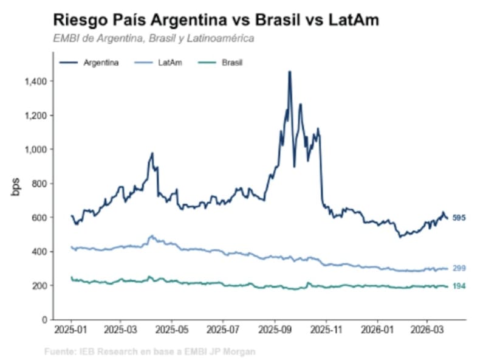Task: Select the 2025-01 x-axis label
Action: (71, 331)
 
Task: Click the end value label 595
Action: (459, 218)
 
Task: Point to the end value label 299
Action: (459, 268)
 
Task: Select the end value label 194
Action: (459, 286)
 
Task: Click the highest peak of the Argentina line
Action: (289, 72)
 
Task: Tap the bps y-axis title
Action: (16, 188)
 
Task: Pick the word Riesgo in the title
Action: (78, 20)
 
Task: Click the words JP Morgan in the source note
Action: (233, 351)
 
